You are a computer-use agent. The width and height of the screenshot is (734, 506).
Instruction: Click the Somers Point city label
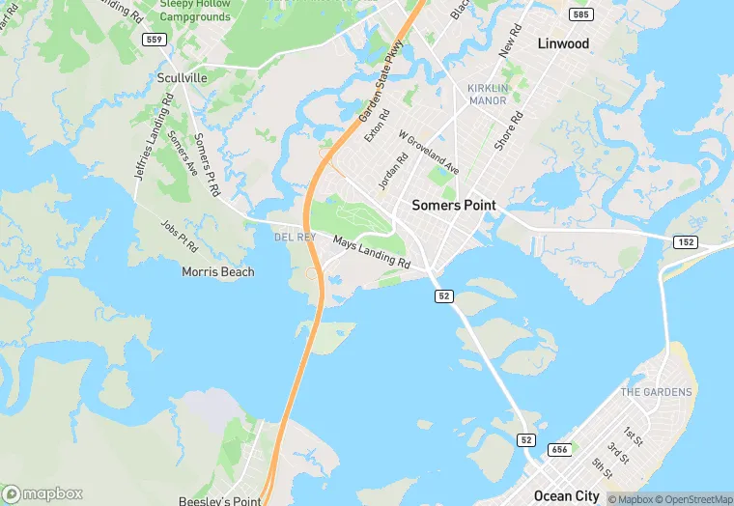[x=453, y=206]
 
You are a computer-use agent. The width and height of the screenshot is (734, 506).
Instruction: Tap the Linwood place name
[x=563, y=43]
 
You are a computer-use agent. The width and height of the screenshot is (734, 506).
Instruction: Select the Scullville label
[x=182, y=77]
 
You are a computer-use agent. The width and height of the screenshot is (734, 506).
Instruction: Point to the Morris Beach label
[x=218, y=272]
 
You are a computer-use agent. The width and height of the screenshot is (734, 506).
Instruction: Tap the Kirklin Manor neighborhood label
[x=487, y=94]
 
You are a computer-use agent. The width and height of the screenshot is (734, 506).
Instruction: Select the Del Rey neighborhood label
[x=295, y=237]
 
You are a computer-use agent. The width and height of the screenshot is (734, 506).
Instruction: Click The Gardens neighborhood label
[x=656, y=392]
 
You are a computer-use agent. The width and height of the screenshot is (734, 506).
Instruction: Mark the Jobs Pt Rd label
[x=179, y=235]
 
